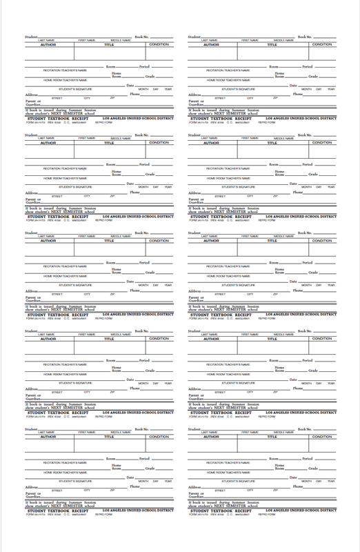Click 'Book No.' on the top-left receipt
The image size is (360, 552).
coord(141,36)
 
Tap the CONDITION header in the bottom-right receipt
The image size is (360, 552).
coord(322,436)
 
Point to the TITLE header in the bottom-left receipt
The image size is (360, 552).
coord(109,436)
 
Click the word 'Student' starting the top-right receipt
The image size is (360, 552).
coord(194,36)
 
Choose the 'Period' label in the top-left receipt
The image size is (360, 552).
coord(144,66)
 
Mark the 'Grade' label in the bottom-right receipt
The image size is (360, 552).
coord(313,467)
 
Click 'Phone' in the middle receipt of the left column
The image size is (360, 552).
coord(135,290)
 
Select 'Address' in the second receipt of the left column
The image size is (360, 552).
coord(30,193)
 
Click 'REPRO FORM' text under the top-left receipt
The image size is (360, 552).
coord(103,122)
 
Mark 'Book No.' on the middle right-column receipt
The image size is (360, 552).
coord(305,232)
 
